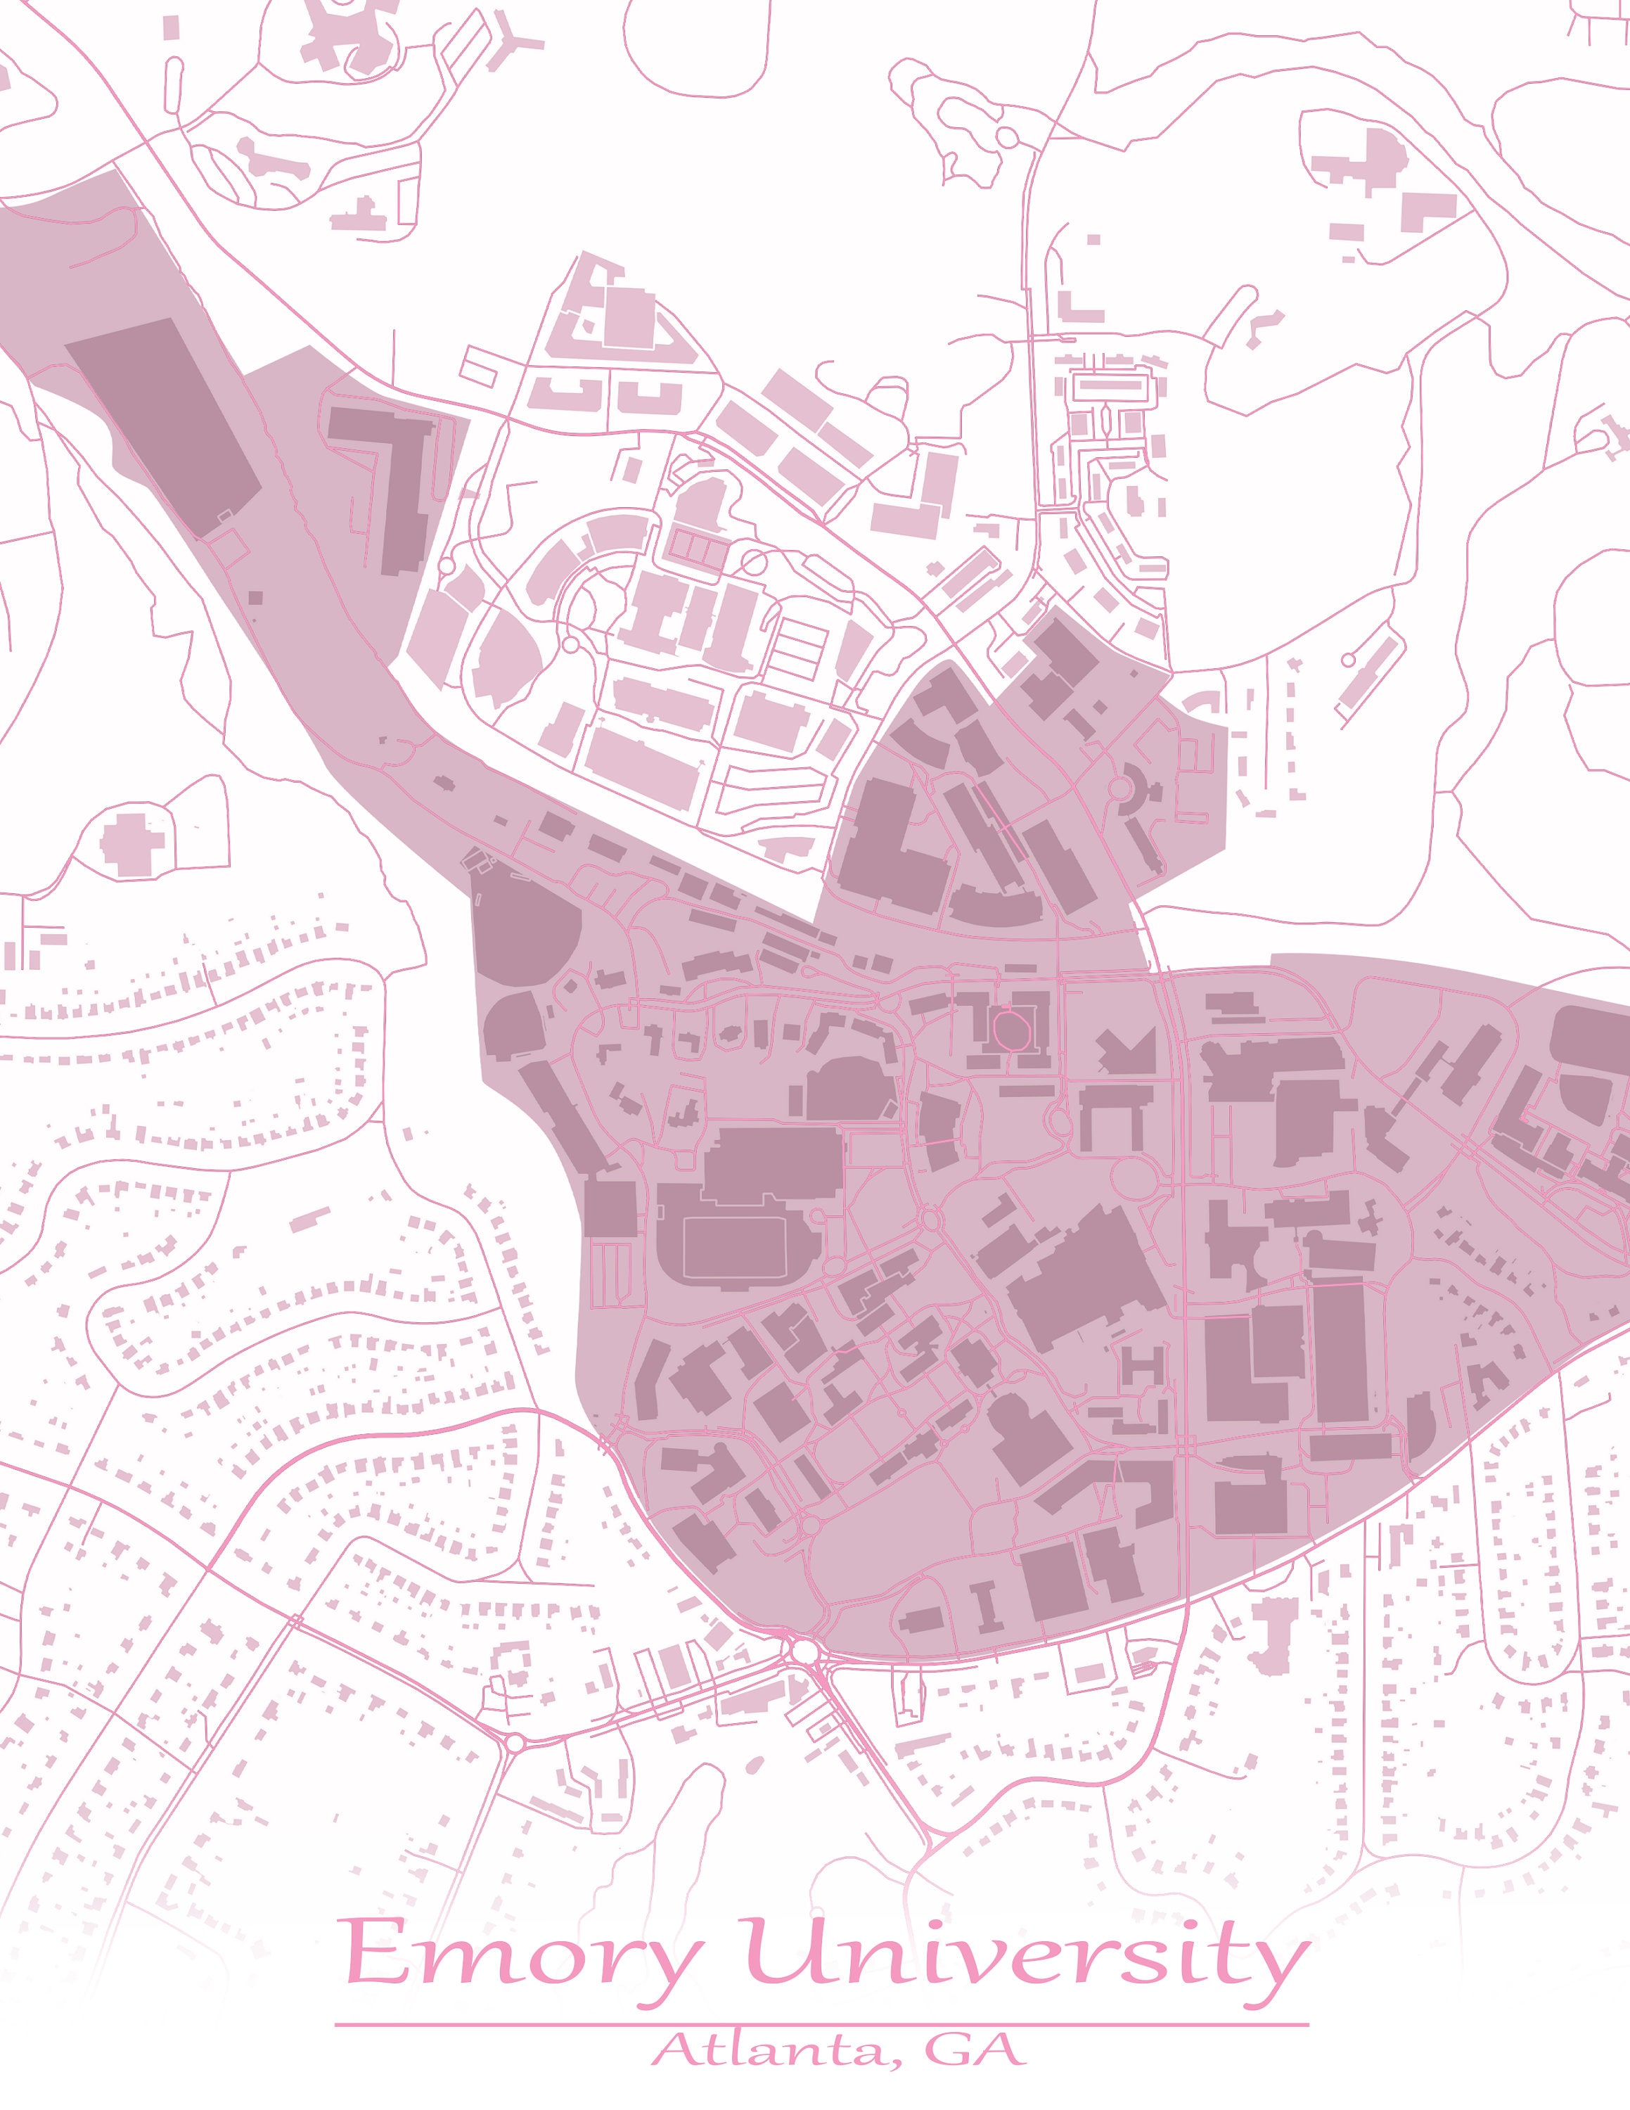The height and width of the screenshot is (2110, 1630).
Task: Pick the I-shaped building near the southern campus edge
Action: [x=985, y=1606]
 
